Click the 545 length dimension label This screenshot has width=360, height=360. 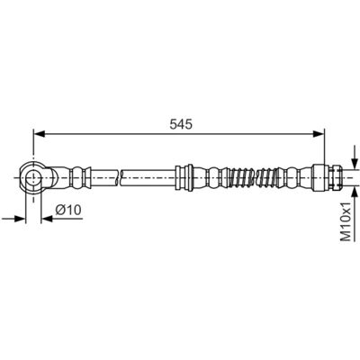pos(181,124)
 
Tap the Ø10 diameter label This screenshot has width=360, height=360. pos(68,210)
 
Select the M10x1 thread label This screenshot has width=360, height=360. pos(346,221)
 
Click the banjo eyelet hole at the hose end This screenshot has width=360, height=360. pos(32,178)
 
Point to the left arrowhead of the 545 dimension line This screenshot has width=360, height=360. pos(39,134)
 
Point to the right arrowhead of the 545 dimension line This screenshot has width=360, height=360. pos(319,134)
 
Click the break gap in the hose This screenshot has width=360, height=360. pos(119,177)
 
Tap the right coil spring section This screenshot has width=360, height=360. pos(268,177)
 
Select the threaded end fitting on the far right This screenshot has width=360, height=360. pos(335,177)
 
